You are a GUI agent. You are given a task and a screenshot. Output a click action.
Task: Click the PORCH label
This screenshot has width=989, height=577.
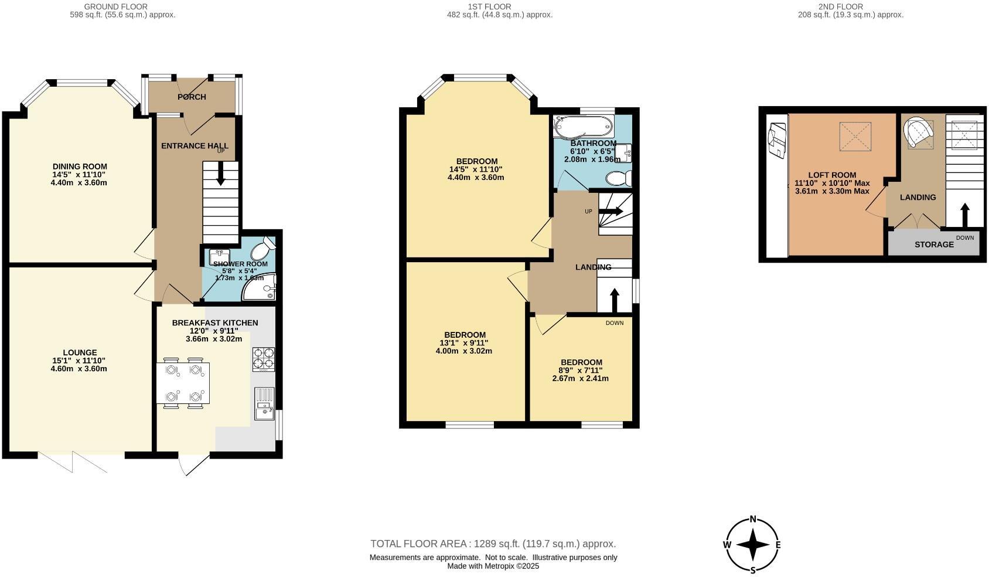click(x=192, y=97)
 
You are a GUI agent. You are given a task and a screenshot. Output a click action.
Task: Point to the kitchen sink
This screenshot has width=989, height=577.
click(x=265, y=404)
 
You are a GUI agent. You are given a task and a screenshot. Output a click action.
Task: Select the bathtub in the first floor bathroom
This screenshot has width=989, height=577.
click(x=584, y=125)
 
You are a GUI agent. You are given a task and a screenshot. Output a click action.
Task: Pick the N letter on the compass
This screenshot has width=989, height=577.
click(x=753, y=519)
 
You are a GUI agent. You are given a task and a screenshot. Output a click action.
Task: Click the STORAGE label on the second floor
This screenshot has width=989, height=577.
click(x=934, y=245)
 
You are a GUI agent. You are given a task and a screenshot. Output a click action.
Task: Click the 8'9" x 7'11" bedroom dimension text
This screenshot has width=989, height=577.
click(x=580, y=370)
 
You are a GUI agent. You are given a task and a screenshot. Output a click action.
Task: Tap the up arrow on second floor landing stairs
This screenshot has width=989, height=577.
click(x=964, y=213)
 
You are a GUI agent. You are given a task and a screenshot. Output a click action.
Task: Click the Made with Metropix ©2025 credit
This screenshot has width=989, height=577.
click(x=493, y=566)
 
